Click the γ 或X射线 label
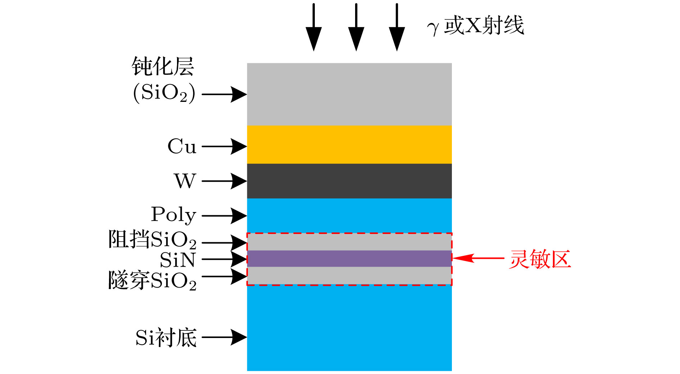(476, 26)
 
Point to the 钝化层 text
(163, 67)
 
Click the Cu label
(182, 147)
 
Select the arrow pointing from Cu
(224, 147)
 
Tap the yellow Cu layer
(349, 145)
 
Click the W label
(185, 181)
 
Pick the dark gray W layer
(349, 181)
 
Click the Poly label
(174, 215)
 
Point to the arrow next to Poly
(224, 216)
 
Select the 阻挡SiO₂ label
(152, 239)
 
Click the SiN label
(178, 260)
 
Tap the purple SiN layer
(349, 258)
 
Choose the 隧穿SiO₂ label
(152, 280)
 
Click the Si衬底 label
(166, 338)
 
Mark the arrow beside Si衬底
(224, 337)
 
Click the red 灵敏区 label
(540, 259)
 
